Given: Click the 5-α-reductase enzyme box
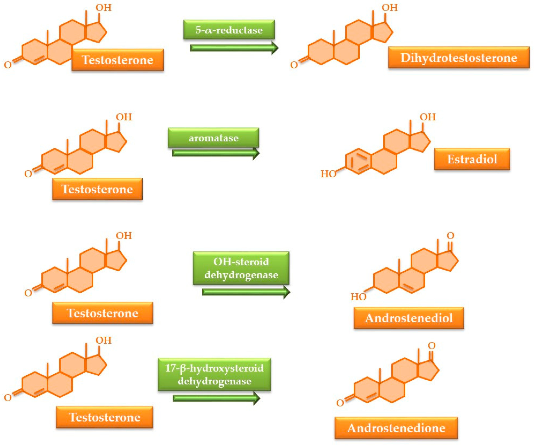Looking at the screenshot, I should (229, 30).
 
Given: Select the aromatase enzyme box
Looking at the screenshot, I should (213, 138).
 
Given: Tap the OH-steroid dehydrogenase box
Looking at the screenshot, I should (241, 268).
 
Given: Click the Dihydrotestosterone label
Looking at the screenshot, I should (459, 57).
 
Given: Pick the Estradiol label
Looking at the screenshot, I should (472, 159).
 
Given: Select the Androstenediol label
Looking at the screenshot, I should (409, 318).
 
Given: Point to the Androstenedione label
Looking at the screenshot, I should (396, 428).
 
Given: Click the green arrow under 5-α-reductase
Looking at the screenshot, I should (234, 48).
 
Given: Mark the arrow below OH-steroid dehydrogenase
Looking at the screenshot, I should (246, 292).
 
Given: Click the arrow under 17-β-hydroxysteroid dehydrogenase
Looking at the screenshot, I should (216, 398).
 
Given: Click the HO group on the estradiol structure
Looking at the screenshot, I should (328, 174).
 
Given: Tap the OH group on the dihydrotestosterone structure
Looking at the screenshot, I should (390, 8).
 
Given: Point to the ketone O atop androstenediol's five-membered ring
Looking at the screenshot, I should (450, 236).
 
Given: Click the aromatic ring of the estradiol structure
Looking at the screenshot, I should (358, 161).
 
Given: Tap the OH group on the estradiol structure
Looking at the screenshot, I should (428, 117).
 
